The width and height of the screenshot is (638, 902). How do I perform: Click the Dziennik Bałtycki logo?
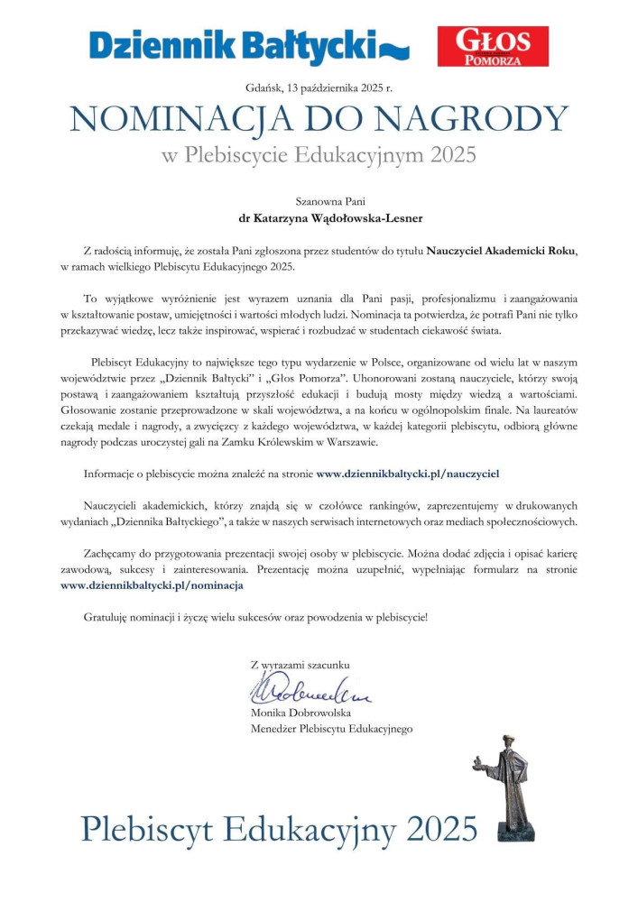249,45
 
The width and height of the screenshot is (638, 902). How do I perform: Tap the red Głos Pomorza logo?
493,46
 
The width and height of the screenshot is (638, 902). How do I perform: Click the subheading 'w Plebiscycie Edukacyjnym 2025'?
319,155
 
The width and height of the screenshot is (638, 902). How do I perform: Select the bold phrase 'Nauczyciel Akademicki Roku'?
501,250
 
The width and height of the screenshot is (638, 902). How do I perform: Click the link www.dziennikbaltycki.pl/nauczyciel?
408,472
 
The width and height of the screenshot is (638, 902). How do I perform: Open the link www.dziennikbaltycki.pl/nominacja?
152,585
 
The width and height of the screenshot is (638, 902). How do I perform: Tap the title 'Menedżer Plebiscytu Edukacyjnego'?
331,729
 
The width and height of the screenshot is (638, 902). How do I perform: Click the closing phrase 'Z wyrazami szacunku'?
300,665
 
